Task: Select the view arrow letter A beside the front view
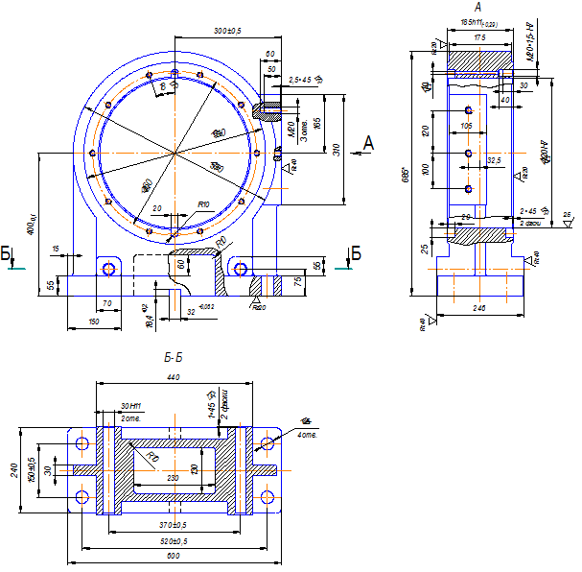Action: [x=368, y=143]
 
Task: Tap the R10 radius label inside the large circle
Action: [x=203, y=204]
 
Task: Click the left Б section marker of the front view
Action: [x=8, y=254]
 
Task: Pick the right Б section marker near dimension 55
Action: [x=356, y=254]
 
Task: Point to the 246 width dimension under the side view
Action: [x=480, y=308]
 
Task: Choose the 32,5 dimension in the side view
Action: [x=495, y=160]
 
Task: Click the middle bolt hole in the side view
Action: [x=467, y=153]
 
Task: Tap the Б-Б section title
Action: [x=174, y=358]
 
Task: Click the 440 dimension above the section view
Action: [x=173, y=378]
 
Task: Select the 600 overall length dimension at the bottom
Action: [x=174, y=556]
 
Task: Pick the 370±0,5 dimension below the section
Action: [x=174, y=525]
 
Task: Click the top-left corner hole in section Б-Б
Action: [x=81, y=443]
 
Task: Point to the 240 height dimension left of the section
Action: [x=14, y=470]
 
